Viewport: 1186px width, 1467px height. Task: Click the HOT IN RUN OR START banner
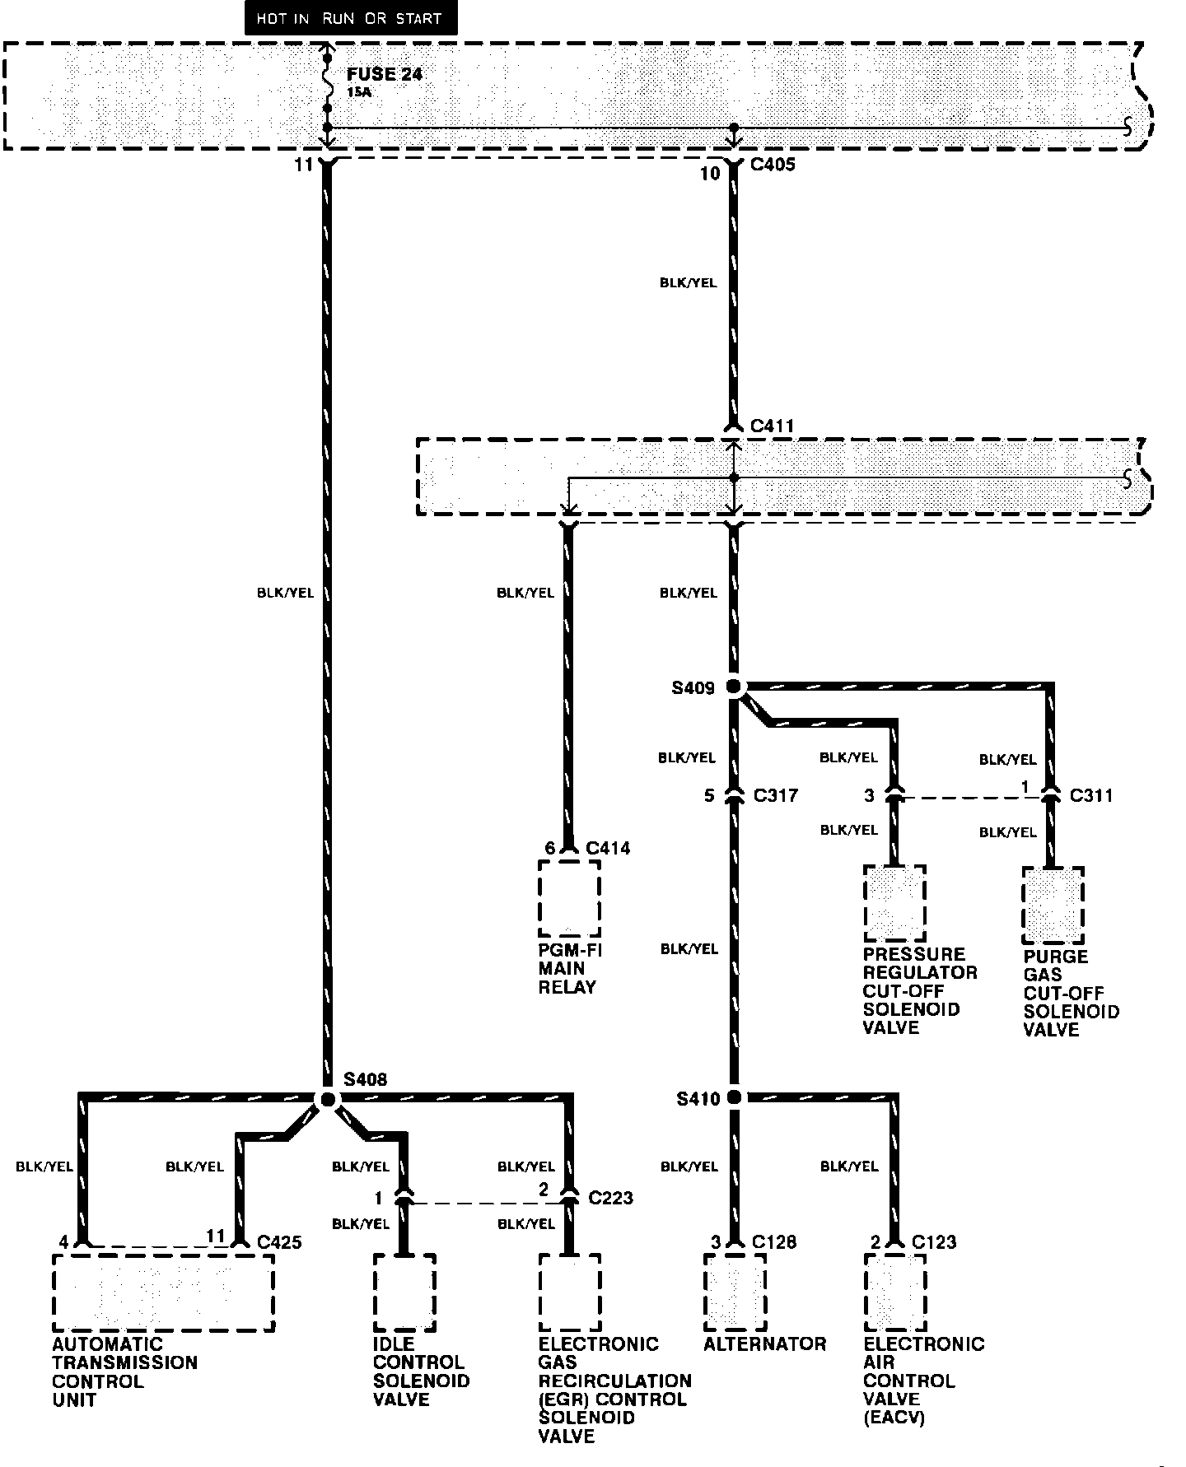tap(349, 19)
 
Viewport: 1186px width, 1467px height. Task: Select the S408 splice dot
tap(327, 1100)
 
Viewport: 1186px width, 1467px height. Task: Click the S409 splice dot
tap(733, 687)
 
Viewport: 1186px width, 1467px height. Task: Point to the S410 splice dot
tap(734, 1097)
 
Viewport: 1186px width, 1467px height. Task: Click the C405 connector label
tap(773, 165)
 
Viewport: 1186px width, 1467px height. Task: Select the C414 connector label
tap(608, 848)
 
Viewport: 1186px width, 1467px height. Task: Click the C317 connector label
tap(775, 795)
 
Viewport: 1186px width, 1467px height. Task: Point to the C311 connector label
tap(1091, 795)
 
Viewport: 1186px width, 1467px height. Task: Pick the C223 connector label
tap(610, 1197)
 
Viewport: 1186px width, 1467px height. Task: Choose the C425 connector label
tap(279, 1241)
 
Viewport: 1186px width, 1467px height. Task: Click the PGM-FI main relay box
tap(569, 898)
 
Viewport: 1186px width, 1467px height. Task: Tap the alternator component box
tap(735, 1291)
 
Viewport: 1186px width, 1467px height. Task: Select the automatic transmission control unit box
tap(163, 1292)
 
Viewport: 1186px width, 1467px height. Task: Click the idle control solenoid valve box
tap(404, 1292)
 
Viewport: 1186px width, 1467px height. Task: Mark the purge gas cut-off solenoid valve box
tap(1053, 905)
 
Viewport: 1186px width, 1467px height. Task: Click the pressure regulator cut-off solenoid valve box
tap(894, 903)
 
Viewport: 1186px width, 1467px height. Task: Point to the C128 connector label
tap(774, 1241)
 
